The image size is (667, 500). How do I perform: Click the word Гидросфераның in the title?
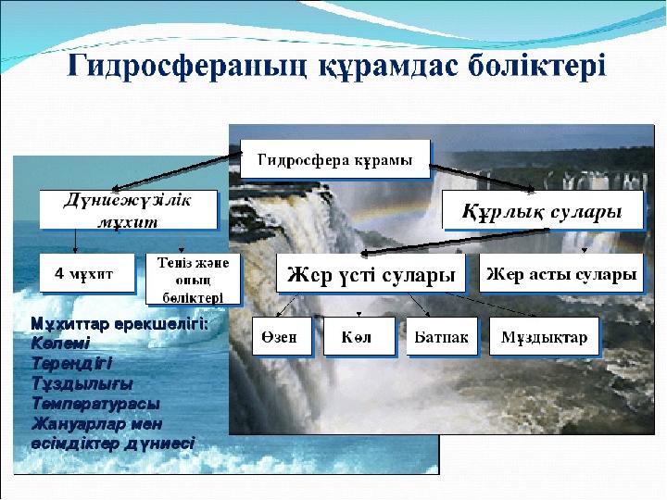[x=187, y=67]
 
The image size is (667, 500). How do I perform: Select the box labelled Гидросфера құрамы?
[x=335, y=159]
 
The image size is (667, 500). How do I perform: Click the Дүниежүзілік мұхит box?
[x=128, y=209]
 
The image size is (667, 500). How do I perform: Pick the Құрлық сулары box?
[x=542, y=210]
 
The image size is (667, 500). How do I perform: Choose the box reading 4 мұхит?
[x=87, y=273]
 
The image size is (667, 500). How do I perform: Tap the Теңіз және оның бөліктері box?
[x=193, y=280]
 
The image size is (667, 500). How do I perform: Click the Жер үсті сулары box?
[x=371, y=273]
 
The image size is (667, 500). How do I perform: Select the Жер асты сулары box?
[x=561, y=273]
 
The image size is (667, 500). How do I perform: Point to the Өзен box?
[x=282, y=336]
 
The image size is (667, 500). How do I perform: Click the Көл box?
[x=359, y=336]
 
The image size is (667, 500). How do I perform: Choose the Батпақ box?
[x=442, y=336]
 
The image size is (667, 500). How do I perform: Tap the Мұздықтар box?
[x=544, y=336]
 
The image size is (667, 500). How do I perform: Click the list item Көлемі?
[x=60, y=343]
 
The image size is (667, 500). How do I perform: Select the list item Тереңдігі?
[x=72, y=364]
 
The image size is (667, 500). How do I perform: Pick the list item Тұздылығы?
[x=82, y=383]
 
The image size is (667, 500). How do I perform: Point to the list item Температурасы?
[x=95, y=404]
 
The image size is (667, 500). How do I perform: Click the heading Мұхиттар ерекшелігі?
[x=120, y=324]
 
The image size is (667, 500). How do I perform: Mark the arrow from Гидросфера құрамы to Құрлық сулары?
[x=482, y=178]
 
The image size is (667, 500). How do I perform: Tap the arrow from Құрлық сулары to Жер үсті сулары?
[x=455, y=242]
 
